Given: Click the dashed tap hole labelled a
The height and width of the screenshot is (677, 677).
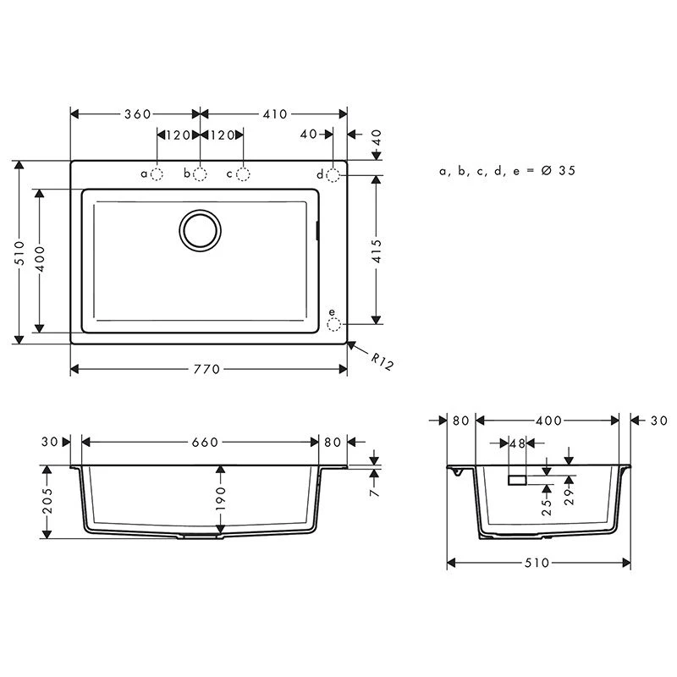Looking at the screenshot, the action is pyautogui.click(x=157, y=174).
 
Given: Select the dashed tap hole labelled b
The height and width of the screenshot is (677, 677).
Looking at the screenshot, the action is pyautogui.click(x=200, y=174).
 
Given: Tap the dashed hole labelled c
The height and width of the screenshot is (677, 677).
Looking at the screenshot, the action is pyautogui.click(x=243, y=174).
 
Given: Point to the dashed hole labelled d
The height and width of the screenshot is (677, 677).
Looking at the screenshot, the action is pyautogui.click(x=333, y=175).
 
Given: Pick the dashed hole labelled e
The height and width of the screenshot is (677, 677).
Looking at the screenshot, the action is pyautogui.click(x=333, y=324).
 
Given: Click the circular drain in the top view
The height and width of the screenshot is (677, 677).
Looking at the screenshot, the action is pyautogui.click(x=201, y=230).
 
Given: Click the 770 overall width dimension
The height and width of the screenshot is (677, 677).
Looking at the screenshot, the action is pyautogui.click(x=206, y=369).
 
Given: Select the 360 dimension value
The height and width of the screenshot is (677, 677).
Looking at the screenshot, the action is pyautogui.click(x=138, y=114).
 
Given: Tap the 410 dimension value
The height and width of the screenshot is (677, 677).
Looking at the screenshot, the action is pyautogui.click(x=275, y=114).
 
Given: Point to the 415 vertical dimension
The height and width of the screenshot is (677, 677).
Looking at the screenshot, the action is pyautogui.click(x=377, y=250).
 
